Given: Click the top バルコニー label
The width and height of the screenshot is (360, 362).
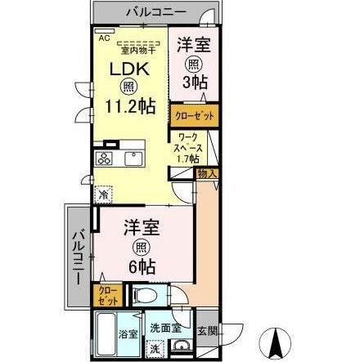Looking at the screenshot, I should [x=155, y=12].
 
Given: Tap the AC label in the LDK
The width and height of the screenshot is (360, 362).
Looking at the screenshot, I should [x=104, y=37].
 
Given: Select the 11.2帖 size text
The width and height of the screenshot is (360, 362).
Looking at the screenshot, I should [x=129, y=106].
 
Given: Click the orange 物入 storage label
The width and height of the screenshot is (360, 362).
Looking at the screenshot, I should [x=207, y=174].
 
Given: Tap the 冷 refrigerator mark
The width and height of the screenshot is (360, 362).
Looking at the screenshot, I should [x=103, y=194].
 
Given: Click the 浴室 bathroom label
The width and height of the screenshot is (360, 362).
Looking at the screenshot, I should [x=128, y=335].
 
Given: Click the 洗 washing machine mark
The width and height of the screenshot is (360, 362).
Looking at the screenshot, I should [x=154, y=347].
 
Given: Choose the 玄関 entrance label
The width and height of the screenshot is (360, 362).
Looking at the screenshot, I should [x=209, y=333].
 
